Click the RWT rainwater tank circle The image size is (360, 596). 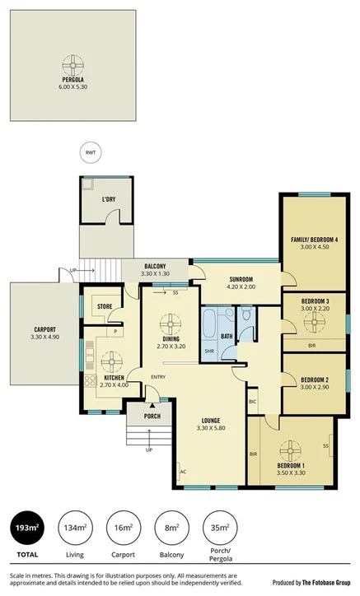(90, 152)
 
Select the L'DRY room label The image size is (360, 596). (108, 200)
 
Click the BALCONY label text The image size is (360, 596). (156, 266)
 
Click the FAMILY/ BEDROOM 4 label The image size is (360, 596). (314, 240)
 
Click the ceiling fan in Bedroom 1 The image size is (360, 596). (290, 451)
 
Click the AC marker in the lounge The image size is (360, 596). (182, 471)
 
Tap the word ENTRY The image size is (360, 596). (158, 378)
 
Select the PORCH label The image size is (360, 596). (152, 416)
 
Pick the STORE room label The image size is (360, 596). (105, 307)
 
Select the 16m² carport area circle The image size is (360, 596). (123, 527)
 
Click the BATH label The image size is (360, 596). (227, 336)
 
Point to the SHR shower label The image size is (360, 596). (209, 351)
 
